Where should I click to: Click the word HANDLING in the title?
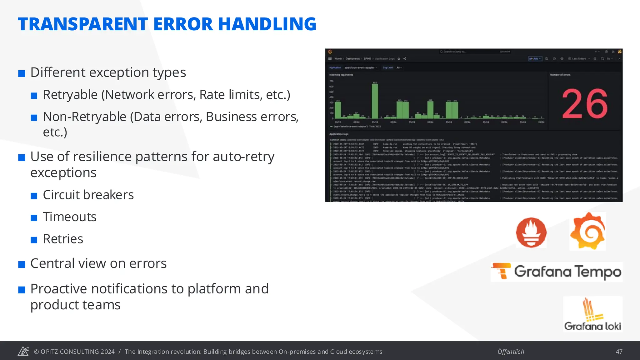[x=267, y=24]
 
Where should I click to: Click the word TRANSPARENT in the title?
[x=83, y=24]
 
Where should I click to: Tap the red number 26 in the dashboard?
[x=585, y=104]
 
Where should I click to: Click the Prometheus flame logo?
[x=531, y=232]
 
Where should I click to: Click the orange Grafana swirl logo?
[x=587, y=231]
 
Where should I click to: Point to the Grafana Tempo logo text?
[x=567, y=272]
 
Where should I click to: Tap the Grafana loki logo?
[x=592, y=314]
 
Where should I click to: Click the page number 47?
[x=619, y=352]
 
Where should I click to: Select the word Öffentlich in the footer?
[x=511, y=352]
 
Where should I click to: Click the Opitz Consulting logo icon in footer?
[x=23, y=351]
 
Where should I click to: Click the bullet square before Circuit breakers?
[x=34, y=196]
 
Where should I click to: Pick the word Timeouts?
[x=70, y=217]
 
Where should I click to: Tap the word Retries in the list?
[x=63, y=239]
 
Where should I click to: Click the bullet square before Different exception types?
[x=22, y=74]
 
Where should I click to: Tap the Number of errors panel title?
[x=560, y=75]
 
